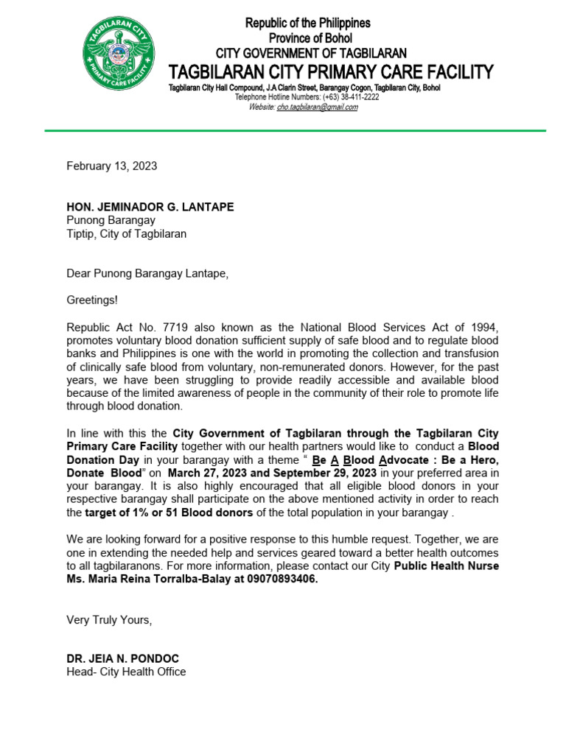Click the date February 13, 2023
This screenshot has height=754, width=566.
tap(112, 166)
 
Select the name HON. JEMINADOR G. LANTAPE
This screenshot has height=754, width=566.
tap(150, 207)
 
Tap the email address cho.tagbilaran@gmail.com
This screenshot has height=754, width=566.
tap(317, 107)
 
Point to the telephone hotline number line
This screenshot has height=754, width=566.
tap(307, 97)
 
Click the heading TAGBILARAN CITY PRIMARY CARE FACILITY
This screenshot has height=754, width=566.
tap(331, 72)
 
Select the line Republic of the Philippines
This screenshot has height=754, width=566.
tap(308, 24)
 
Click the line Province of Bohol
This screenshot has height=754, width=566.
tap(310, 38)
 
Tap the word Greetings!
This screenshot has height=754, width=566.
tap(92, 300)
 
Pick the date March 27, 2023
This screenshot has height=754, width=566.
tap(214, 473)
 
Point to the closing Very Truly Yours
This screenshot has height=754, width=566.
tap(109, 620)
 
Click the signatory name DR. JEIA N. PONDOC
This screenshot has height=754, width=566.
tap(122, 659)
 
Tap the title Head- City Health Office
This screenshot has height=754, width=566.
tap(126, 672)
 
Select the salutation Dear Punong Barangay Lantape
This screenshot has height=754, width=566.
tap(147, 274)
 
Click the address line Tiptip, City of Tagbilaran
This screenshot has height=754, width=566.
tap(127, 233)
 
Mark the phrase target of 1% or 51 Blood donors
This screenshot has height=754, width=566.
tap(169, 512)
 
